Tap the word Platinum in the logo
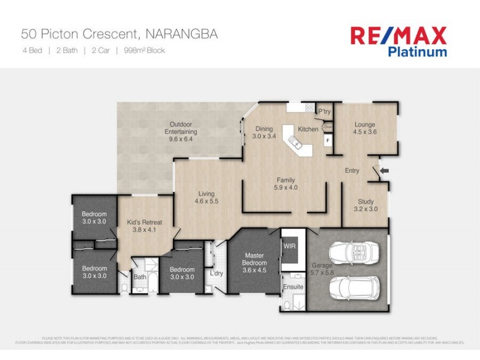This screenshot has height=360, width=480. coord(417,52)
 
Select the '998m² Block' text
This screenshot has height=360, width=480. coord(144,50)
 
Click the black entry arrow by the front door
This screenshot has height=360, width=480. coord(385,171)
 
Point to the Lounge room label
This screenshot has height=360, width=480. coord(364,125)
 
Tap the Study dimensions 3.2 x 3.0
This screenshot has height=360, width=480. coord(365,209)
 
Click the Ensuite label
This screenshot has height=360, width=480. coord(293,287)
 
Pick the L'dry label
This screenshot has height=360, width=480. coord(216,274)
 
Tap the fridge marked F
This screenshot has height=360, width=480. coord(328,141)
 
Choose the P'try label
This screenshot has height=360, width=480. coord(325,112)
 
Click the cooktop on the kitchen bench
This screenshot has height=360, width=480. coord(310,108)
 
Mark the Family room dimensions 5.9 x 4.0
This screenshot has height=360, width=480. coord(286,187)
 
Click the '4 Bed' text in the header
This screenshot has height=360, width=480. coord(32,50)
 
